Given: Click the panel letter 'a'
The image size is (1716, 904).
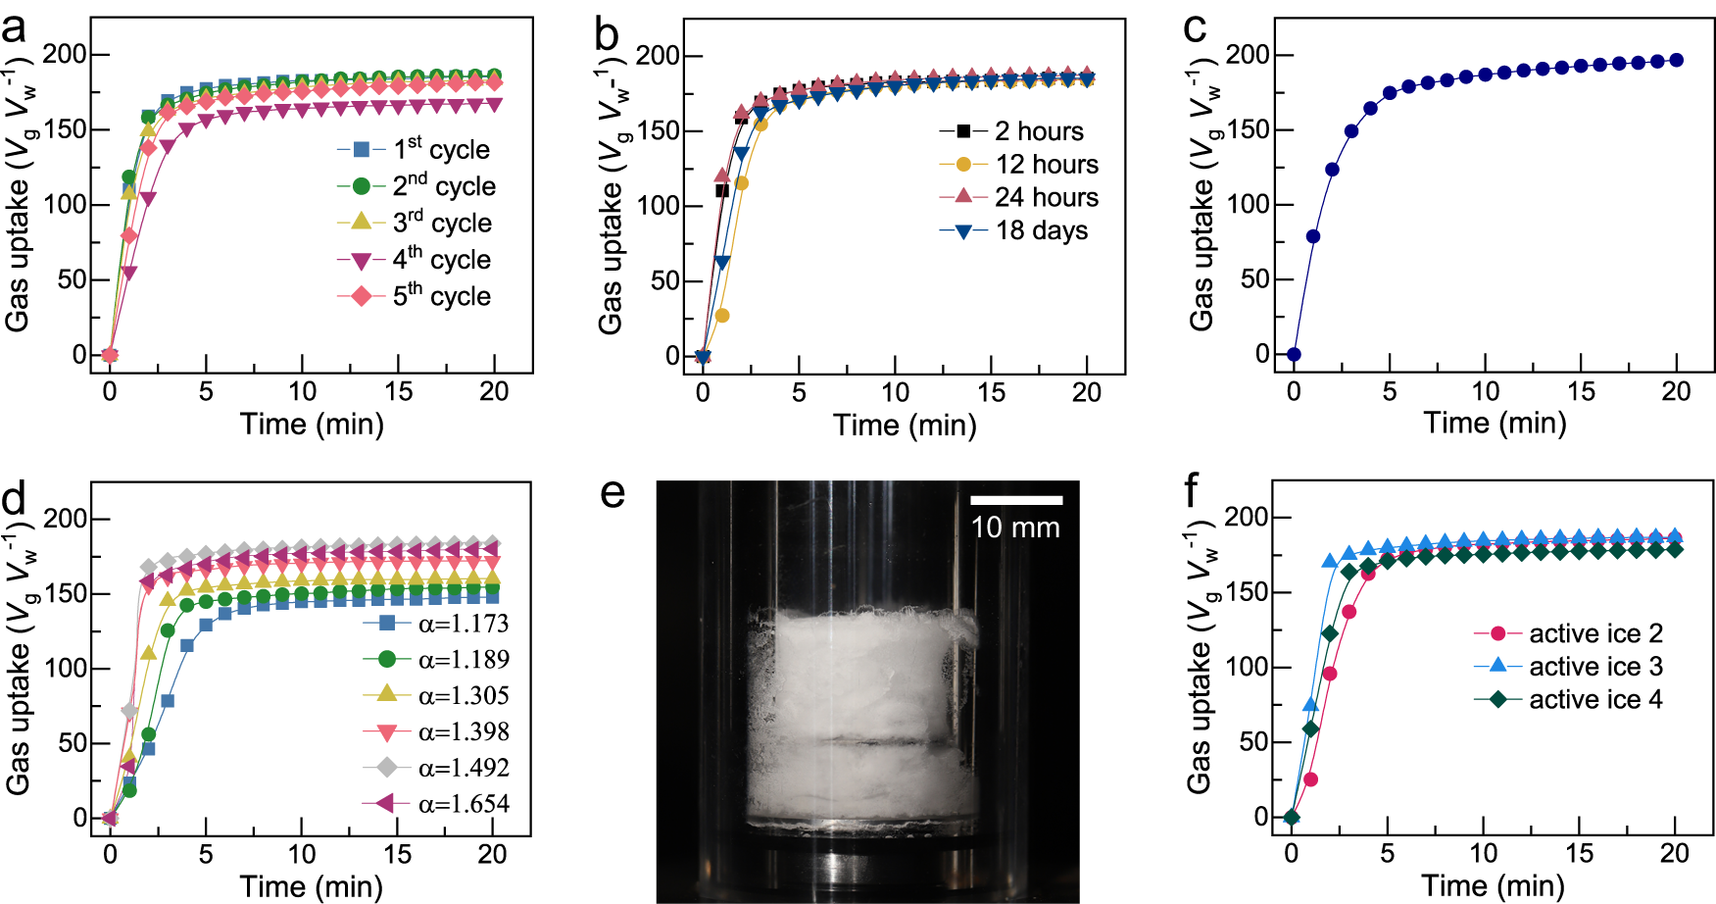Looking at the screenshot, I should (x=14, y=29).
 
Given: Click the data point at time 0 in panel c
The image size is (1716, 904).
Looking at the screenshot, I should (x=1294, y=355).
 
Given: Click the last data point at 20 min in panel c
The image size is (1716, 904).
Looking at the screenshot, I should (x=1677, y=61).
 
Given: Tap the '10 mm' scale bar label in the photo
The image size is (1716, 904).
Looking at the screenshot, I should (x=1015, y=528).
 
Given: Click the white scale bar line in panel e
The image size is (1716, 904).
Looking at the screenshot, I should (x=1016, y=500).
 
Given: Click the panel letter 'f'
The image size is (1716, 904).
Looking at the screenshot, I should (x=1192, y=490).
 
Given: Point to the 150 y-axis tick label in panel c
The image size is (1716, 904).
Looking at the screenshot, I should (x=1247, y=130).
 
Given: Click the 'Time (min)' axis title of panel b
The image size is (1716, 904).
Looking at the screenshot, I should (x=905, y=426).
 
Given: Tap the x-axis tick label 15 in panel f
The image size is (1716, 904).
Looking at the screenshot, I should (x=1579, y=854).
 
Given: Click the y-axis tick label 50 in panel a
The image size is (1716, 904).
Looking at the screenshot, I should (x=72, y=280).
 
